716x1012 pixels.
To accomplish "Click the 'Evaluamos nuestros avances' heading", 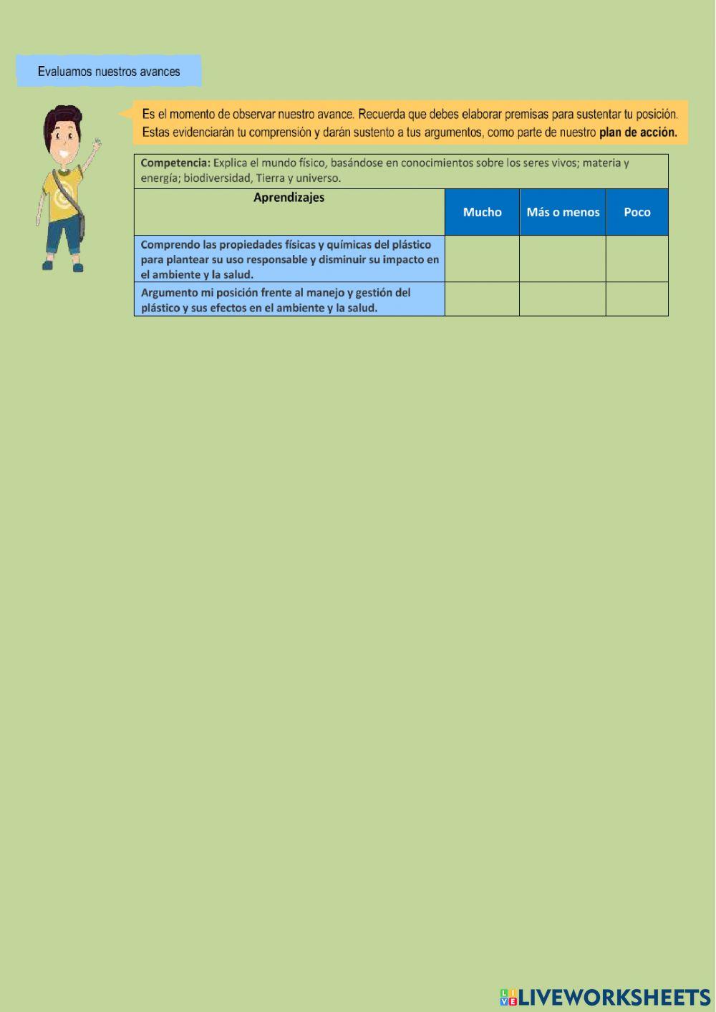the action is tap(109, 72).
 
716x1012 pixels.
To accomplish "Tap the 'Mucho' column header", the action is tap(482, 212).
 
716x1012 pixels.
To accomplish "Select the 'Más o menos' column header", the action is tap(563, 212).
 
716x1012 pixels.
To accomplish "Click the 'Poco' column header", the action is tap(637, 212).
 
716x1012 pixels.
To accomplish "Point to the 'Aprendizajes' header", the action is tap(289, 198).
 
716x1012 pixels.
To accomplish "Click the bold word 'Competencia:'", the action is tap(175, 163).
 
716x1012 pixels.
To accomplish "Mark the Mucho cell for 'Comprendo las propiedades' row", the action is tap(482, 259).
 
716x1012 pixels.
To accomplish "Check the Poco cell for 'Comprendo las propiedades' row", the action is tap(637, 259).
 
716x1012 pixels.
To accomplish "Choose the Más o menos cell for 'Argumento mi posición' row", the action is tap(563, 299).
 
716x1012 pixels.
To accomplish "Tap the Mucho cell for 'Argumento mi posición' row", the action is tap(482, 299).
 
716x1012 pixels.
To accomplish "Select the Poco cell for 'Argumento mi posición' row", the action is tap(637, 299).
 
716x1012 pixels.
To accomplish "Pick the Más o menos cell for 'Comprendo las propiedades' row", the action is tap(563, 259).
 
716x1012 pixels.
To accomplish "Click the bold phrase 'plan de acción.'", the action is tap(638, 132).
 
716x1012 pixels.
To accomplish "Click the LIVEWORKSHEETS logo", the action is tap(605, 997).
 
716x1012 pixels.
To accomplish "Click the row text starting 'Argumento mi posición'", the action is tap(276, 300).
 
